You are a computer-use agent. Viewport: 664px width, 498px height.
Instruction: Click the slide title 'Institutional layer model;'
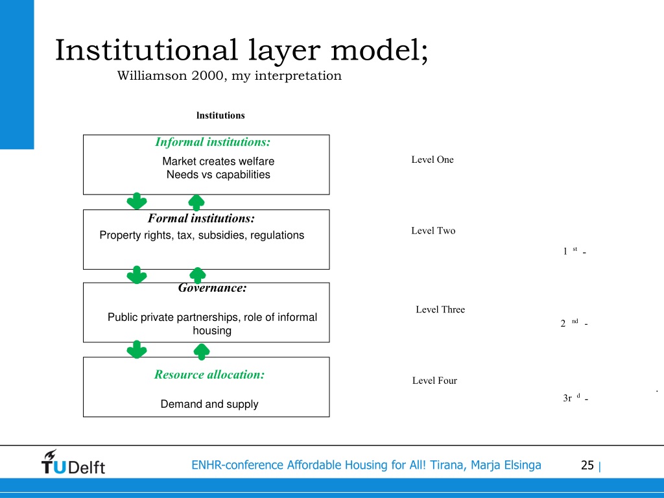(241, 51)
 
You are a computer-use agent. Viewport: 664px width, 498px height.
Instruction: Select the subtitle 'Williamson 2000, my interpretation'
(229, 76)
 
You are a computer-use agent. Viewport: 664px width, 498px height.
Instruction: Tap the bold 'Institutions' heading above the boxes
(220, 115)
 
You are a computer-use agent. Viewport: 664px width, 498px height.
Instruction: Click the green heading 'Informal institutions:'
(213, 142)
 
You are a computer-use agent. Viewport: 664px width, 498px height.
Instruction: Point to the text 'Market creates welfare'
(218, 161)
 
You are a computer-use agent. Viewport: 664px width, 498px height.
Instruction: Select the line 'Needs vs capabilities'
(218, 174)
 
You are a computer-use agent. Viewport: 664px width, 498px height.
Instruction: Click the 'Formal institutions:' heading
(201, 219)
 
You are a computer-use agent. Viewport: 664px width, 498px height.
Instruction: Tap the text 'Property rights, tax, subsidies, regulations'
(202, 235)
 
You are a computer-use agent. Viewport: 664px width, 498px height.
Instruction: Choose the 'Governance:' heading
(212, 288)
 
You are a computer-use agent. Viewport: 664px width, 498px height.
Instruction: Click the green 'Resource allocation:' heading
(209, 374)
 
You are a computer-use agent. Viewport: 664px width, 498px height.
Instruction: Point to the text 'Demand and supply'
(209, 404)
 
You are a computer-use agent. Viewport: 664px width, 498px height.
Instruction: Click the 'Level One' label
(433, 160)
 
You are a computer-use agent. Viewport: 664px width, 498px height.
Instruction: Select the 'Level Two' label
(433, 231)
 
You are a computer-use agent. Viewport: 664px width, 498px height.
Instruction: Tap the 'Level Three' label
(440, 309)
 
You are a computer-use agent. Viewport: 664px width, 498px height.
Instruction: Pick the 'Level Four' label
(434, 381)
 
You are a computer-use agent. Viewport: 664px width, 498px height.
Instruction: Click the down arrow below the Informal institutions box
(137, 201)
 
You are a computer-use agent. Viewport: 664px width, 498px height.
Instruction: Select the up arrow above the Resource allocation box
(202, 351)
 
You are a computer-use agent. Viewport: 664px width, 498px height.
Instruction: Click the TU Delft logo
(73, 462)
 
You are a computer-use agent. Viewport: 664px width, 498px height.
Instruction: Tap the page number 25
(587, 466)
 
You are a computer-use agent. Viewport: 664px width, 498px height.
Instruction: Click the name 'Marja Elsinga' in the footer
(506, 465)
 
